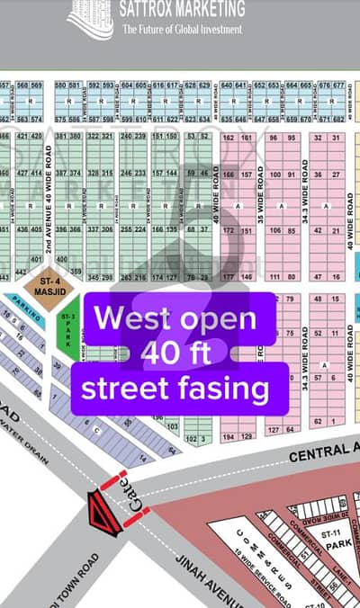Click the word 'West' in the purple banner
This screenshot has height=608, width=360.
point(129,318)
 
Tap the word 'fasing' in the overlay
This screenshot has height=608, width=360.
point(226,389)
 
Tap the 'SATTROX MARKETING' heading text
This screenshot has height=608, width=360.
point(183,10)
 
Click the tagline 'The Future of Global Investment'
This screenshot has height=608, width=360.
point(182,30)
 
